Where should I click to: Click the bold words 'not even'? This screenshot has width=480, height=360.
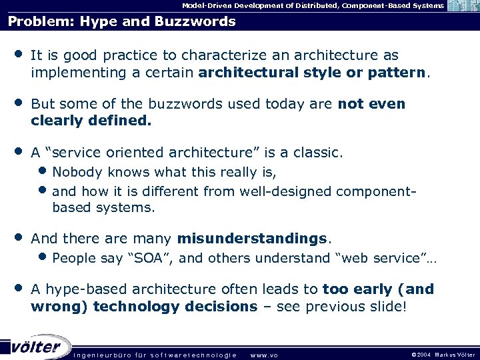tap(371, 105)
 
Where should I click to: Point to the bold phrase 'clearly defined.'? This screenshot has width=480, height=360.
tap(91, 121)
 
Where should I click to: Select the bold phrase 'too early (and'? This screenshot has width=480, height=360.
tap(378, 289)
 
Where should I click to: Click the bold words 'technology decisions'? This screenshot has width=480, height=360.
tap(175, 306)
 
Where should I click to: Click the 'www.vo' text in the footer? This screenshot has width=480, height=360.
tap(263, 355)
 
